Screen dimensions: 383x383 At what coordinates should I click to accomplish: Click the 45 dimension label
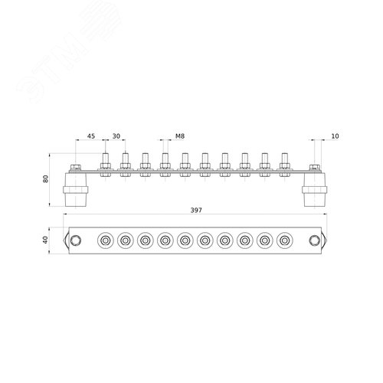91,136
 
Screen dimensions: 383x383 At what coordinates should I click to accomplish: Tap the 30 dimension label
116,136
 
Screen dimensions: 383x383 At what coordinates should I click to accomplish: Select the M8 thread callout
180,136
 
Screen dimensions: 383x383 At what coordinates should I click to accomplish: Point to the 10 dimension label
335,136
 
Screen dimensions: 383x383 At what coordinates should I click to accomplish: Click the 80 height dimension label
46,178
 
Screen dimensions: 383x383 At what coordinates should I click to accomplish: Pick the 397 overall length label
196,210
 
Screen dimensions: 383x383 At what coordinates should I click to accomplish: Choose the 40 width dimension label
45,240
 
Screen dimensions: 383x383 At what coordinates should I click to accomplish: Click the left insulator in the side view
76,189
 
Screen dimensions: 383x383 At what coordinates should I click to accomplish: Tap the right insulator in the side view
315,189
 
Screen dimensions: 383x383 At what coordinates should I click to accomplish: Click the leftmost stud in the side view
106,165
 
